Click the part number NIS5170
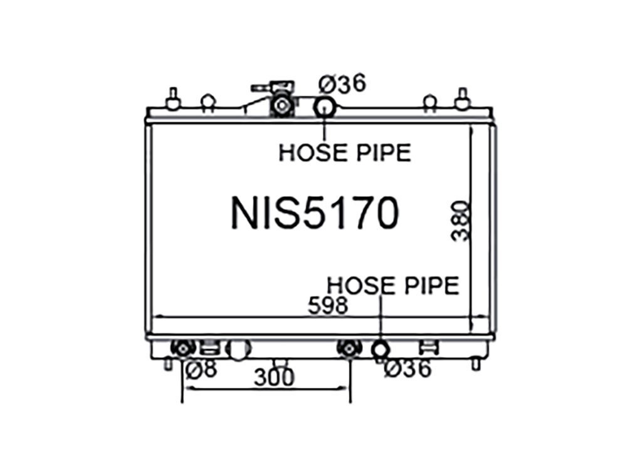pos(315,213)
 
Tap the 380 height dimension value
pos(461,221)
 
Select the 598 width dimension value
pos(327,305)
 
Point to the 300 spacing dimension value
pos(274,377)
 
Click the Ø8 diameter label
pos(201,370)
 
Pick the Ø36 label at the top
pos(342,84)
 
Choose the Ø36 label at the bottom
pos(408,368)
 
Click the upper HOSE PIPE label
pos(345,153)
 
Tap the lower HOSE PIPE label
pos(393,285)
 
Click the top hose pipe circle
pos(325,107)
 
